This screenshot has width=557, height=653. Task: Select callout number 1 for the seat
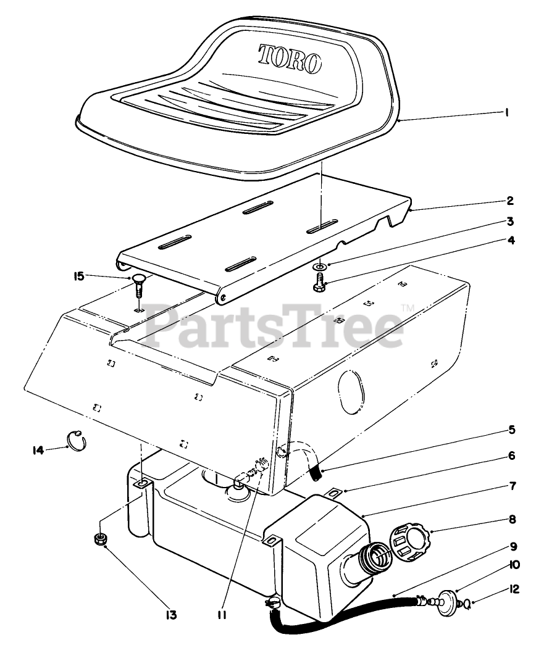pyautogui.click(x=506, y=113)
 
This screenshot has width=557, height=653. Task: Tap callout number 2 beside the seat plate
pyautogui.click(x=510, y=201)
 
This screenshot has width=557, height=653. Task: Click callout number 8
pyautogui.click(x=513, y=520)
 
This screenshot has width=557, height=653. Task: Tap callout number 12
pyautogui.click(x=515, y=589)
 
